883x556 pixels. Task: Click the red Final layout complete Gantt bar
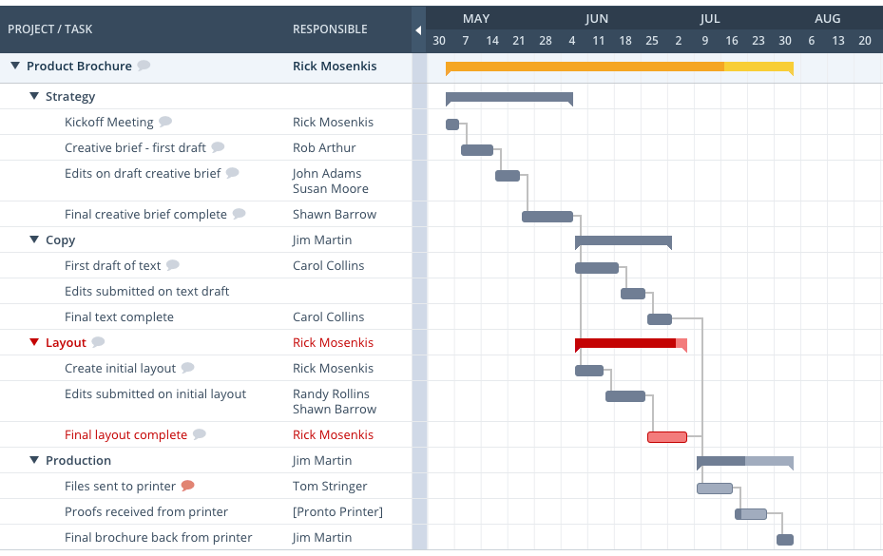click(666, 437)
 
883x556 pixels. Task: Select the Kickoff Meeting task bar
click(452, 125)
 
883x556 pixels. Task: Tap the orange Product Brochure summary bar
click(618, 67)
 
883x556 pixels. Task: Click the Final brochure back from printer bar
click(784, 540)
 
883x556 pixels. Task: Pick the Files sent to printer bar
click(715, 489)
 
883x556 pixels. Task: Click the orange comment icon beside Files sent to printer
click(188, 486)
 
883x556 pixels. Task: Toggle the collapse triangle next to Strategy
click(34, 96)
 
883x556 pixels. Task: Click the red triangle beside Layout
click(34, 342)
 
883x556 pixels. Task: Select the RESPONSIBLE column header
click(330, 29)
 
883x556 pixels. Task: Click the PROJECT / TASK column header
click(50, 29)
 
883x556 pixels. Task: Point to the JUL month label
click(710, 18)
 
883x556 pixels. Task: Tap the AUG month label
click(828, 18)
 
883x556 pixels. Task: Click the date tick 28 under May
click(545, 41)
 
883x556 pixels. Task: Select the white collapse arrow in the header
click(418, 30)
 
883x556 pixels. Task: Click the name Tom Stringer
click(330, 486)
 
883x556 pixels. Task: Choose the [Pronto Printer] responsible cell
click(337, 511)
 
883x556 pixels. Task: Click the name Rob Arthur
click(324, 147)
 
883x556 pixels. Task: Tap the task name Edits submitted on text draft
click(146, 291)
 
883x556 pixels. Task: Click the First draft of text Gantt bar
click(597, 268)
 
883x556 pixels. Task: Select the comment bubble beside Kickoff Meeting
click(165, 122)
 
